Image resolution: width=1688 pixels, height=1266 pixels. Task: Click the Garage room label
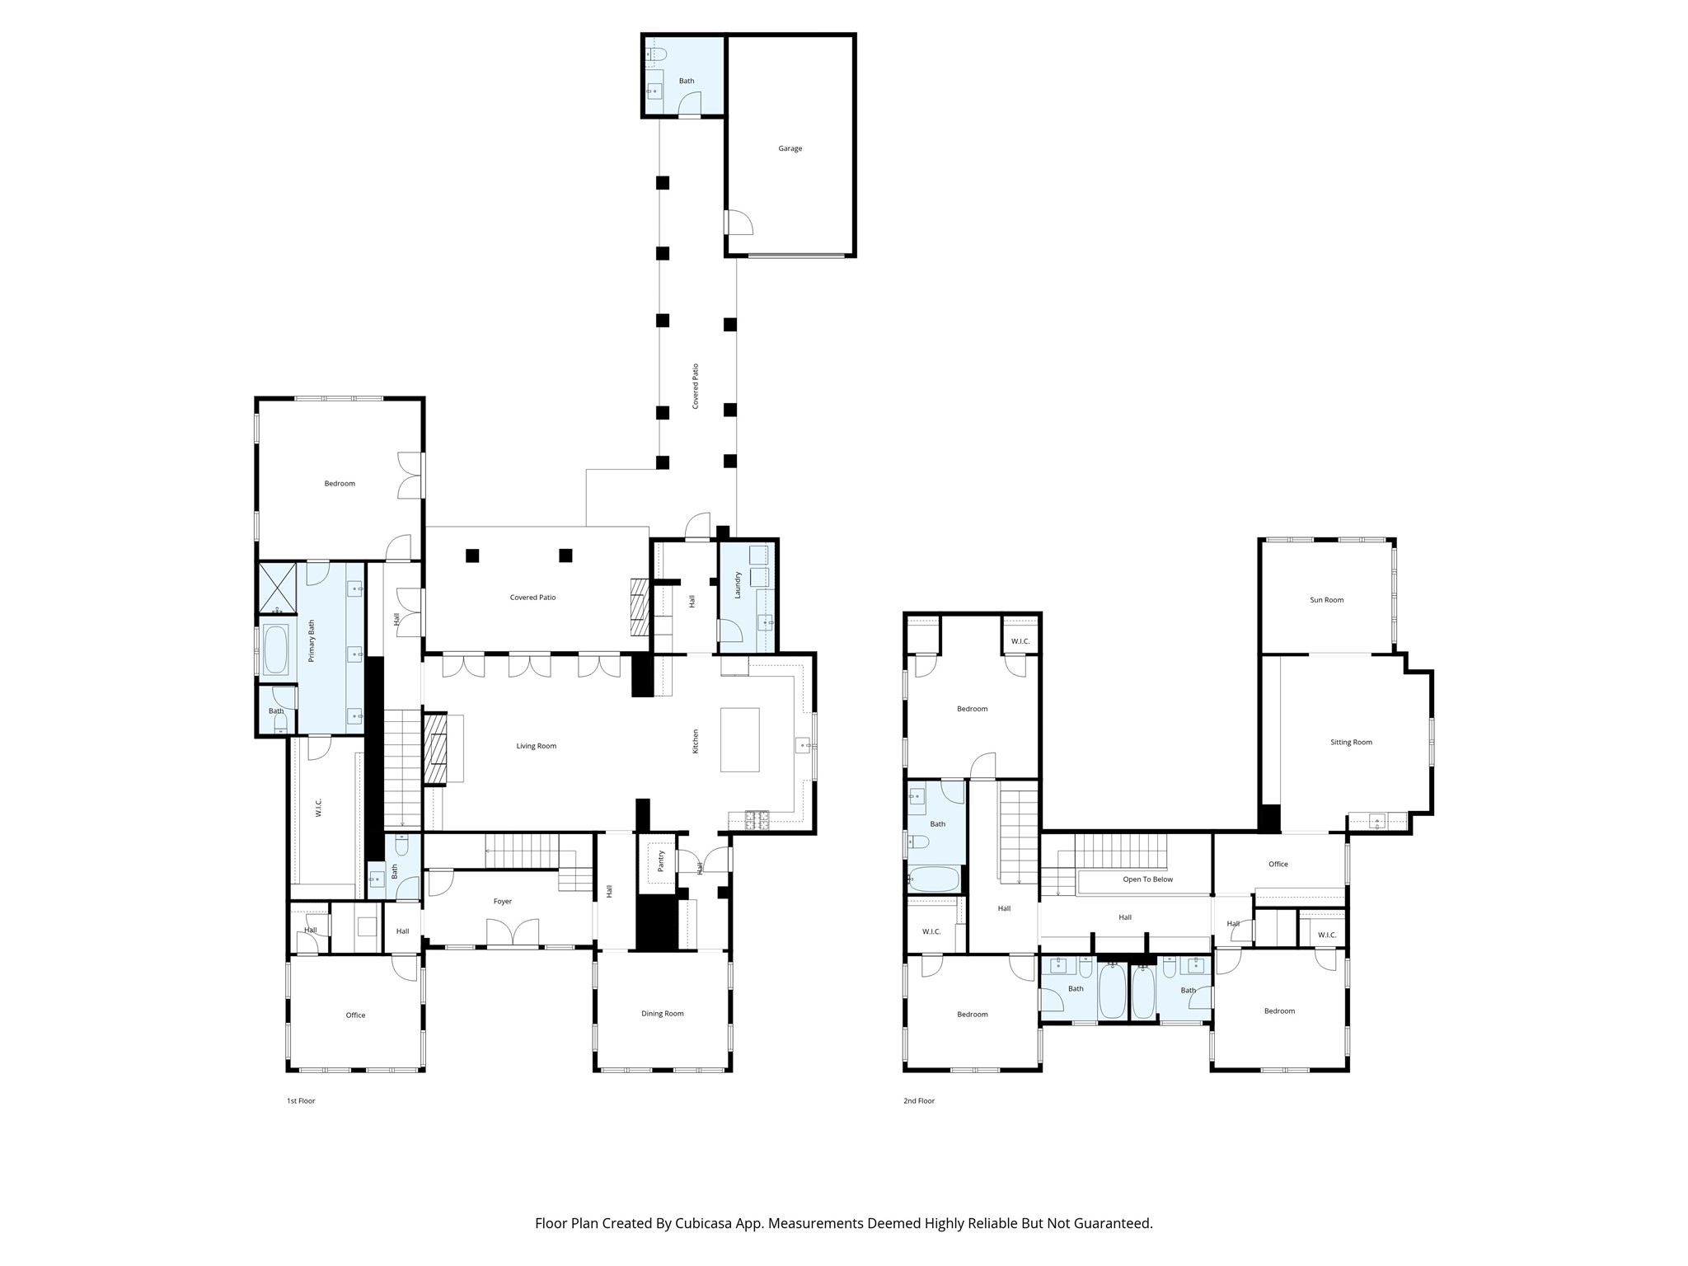(790, 148)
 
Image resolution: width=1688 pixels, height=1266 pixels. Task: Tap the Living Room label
(536, 746)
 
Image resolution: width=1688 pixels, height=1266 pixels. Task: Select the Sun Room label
(1326, 600)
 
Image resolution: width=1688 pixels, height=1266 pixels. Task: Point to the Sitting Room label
(1351, 742)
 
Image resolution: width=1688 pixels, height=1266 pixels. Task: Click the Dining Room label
(662, 1014)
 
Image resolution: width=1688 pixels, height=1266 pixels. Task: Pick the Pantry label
(660, 861)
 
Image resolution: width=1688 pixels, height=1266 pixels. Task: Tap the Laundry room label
(738, 584)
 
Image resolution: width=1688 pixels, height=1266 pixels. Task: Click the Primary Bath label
(312, 641)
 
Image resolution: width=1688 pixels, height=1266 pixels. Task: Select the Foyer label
(502, 902)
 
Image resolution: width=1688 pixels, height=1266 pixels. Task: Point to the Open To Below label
(1147, 879)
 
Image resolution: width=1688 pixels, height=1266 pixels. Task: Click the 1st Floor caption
(301, 1100)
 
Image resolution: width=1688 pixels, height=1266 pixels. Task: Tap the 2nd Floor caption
(918, 1100)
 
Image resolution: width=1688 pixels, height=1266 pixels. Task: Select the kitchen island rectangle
(739, 739)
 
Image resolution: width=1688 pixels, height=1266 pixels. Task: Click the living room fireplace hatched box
(434, 748)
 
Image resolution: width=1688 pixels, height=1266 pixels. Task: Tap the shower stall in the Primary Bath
(278, 588)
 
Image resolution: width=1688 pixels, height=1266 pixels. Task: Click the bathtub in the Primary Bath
(275, 649)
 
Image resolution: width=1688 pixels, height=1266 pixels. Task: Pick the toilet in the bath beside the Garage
(656, 55)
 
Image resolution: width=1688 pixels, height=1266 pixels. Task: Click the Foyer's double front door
(513, 933)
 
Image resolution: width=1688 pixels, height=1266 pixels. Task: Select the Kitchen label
(695, 741)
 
